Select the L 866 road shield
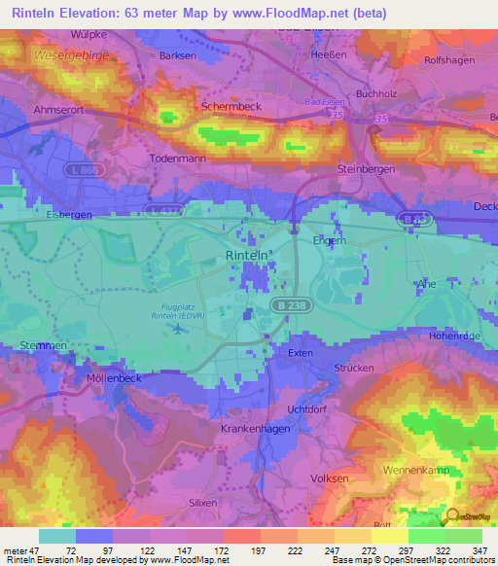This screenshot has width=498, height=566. coord(84,171)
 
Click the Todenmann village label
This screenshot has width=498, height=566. coord(178,158)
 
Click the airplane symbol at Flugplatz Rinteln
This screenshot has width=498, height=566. coord(177,327)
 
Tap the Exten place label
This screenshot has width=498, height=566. coord(300,353)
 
